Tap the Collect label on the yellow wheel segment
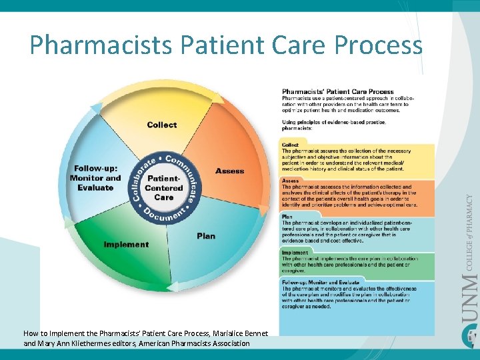click(162, 125)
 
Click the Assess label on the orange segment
click(229, 171)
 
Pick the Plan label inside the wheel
click(206, 236)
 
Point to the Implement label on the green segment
click(126, 245)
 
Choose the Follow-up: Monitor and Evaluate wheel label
click(95, 178)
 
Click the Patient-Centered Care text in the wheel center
click(163, 188)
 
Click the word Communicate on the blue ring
click(187, 175)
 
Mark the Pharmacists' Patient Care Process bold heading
click(337, 91)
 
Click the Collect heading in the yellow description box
click(290, 145)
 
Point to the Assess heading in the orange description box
click(291, 181)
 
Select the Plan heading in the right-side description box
click(287, 217)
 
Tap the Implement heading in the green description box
click(295, 253)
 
